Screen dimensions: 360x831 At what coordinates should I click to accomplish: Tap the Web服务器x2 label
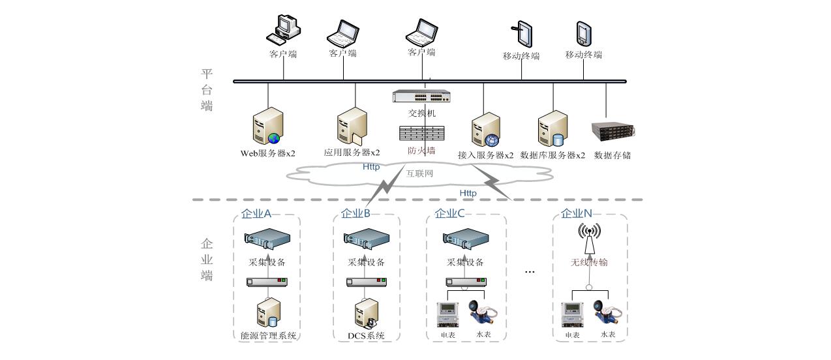267,155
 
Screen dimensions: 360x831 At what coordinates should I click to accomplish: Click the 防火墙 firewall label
421,151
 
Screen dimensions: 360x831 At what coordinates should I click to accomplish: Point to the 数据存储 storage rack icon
612,132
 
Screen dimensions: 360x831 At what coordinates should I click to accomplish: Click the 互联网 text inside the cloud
419,173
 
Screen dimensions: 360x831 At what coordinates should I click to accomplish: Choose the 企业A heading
256,213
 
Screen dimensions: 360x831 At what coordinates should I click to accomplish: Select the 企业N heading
577,213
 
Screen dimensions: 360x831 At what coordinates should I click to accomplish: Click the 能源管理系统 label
268,336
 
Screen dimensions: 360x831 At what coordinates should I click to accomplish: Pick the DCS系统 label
366,336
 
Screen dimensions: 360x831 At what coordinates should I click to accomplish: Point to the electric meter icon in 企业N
572,314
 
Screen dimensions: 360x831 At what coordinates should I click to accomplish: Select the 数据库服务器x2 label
552,155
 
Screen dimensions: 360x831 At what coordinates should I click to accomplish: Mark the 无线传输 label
589,262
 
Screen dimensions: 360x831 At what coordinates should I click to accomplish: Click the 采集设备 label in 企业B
366,262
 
